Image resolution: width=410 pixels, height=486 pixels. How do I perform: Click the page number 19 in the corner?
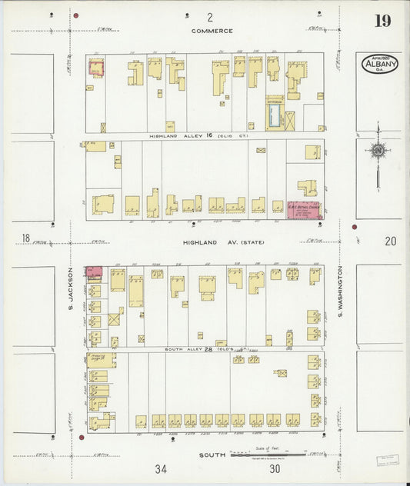382,21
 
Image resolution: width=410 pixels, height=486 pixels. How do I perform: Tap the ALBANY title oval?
380,63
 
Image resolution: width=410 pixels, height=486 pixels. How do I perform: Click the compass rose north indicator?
377,151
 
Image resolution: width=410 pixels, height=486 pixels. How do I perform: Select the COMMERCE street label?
212,31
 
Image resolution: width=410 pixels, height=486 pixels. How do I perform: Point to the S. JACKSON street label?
69,288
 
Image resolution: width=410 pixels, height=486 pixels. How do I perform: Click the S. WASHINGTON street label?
338,292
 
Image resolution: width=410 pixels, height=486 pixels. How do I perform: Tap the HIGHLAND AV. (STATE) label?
223,243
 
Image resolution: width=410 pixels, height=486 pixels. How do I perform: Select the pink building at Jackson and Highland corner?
94,273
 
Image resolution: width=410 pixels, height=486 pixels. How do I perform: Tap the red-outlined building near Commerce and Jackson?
97,68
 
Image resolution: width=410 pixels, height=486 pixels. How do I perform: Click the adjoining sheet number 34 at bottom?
160,469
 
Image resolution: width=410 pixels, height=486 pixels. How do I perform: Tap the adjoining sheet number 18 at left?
26,240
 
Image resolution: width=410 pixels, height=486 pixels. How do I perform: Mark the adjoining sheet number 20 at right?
391,241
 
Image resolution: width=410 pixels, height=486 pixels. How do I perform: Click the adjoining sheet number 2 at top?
208,17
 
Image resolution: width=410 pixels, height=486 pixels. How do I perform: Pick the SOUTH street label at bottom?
212,455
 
